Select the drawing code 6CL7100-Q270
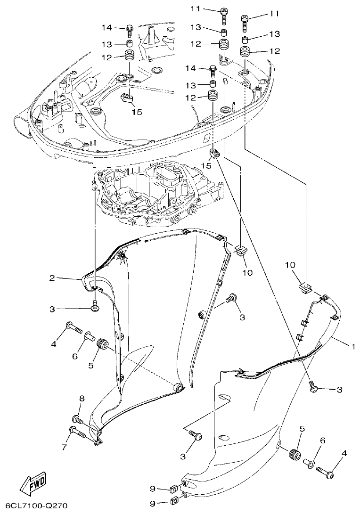(34, 506)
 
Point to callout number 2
(53, 278)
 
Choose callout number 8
(81, 399)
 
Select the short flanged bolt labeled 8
(77, 419)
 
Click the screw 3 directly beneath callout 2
(95, 306)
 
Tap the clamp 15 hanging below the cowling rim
(215, 154)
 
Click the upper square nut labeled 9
(173, 488)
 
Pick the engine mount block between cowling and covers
(155, 193)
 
